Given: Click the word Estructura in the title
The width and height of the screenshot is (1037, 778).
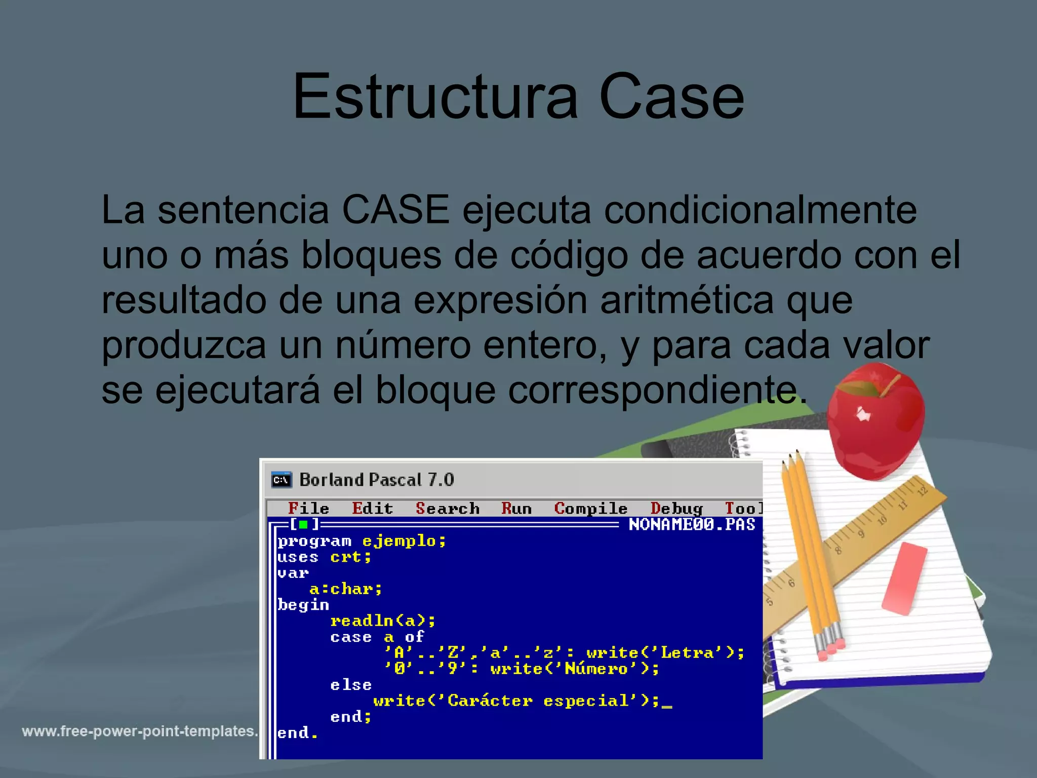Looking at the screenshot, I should click(435, 96).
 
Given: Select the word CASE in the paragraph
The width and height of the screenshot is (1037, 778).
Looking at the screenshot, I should click(395, 210).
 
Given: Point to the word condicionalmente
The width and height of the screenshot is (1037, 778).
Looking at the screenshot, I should click(760, 210).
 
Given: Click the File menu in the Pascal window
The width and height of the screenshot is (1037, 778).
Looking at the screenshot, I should click(308, 508).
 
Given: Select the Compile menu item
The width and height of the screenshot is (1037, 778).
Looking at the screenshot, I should click(590, 508).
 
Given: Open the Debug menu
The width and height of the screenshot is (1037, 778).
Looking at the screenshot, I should click(676, 508).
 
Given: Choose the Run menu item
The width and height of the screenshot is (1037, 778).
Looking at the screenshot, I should click(516, 508).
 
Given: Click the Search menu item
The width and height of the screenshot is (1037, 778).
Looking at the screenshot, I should click(448, 508).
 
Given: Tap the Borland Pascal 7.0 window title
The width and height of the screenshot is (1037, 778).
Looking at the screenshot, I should click(377, 480).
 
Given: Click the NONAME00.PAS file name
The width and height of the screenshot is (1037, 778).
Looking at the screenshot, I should click(692, 524).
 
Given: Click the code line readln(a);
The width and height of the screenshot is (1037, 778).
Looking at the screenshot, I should click(383, 620).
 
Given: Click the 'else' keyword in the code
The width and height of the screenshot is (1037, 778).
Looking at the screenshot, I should click(351, 685).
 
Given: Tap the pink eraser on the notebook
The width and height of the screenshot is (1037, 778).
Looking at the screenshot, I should click(904, 578).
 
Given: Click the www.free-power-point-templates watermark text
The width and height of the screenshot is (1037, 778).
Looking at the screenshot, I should click(140, 731).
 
